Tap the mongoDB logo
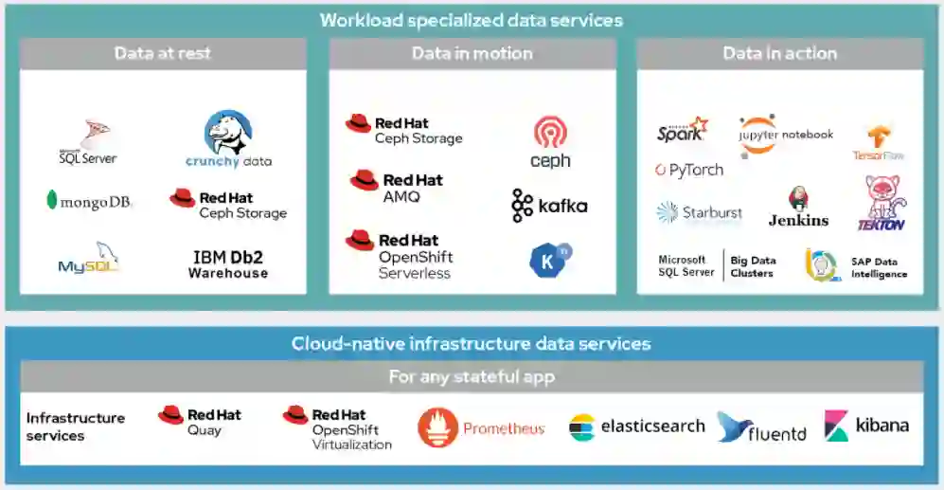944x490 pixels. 88,201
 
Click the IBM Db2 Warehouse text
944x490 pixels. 228,264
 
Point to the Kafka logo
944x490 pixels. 549,205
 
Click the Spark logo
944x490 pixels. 682,131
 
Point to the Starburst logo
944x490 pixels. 700,213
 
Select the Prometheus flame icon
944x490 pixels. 437,428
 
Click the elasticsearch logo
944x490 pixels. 636,426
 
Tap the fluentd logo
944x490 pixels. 762,428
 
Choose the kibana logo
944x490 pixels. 866,426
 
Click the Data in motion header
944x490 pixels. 472,54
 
